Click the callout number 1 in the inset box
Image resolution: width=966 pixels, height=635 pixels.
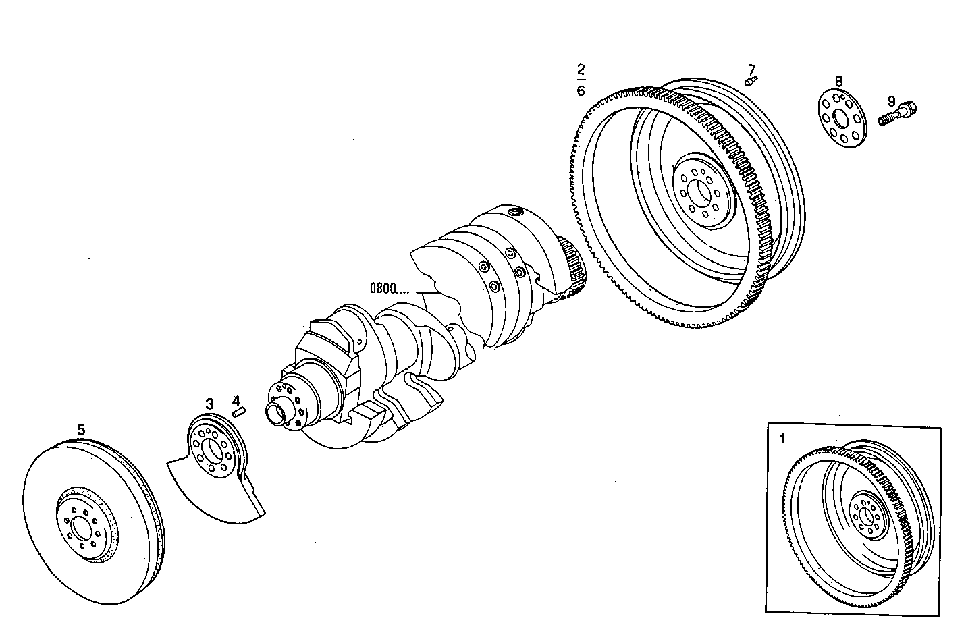[x=783, y=439]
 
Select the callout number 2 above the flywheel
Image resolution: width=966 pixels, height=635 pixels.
[x=581, y=70]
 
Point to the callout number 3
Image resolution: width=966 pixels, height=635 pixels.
[x=210, y=404]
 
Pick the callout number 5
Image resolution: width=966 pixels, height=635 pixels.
[x=81, y=429]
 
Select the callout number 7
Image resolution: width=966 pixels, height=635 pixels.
[x=751, y=70]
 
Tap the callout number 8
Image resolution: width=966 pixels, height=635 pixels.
[x=838, y=81]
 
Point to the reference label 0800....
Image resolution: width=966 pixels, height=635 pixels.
[x=389, y=289]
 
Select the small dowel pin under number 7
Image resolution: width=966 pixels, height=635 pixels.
[x=751, y=82]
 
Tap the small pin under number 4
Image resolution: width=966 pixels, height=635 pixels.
[x=238, y=412]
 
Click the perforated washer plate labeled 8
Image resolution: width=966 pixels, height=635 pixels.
[x=841, y=119]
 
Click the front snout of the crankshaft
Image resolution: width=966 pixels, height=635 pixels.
[x=277, y=412]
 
